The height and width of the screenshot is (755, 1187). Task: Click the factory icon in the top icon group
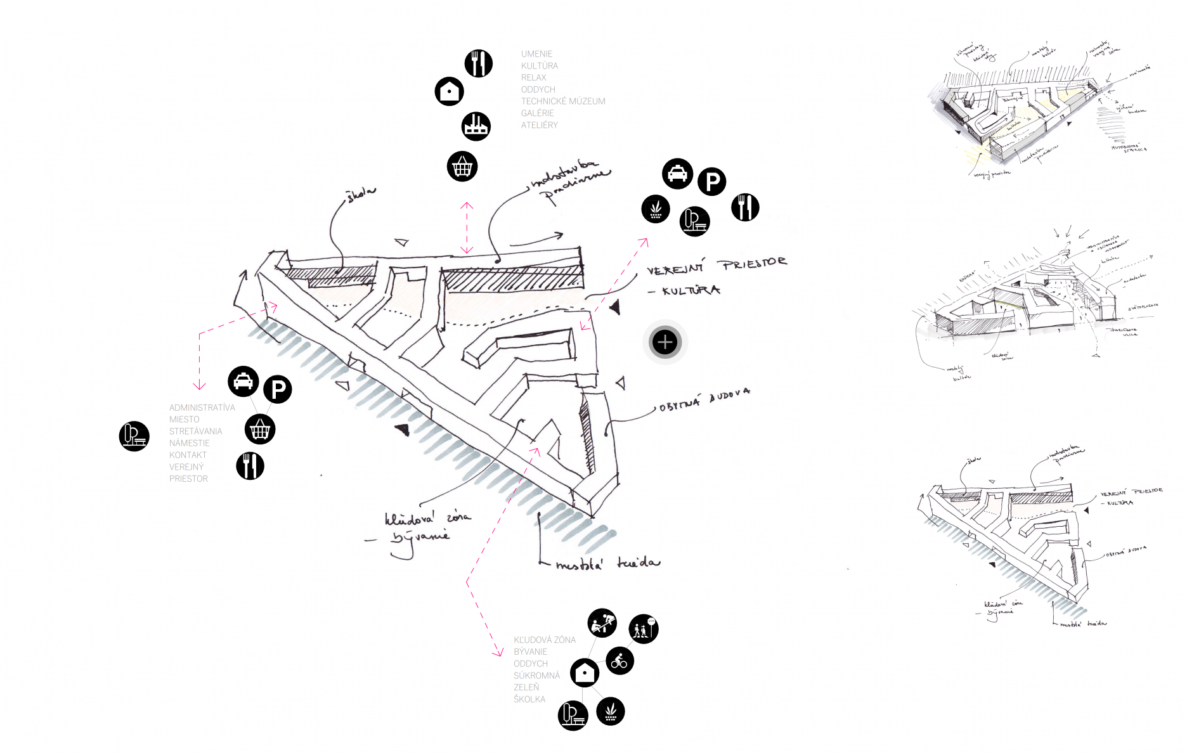[476, 126]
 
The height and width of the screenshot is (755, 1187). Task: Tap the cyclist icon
[619, 661]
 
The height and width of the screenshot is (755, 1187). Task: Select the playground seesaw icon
[602, 623]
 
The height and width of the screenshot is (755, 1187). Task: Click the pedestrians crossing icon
[644, 629]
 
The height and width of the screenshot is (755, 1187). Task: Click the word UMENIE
[536, 54]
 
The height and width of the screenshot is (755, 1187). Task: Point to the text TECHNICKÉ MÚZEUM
[563, 101]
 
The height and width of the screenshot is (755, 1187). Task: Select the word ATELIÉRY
[540, 125]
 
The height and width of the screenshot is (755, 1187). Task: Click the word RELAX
[533, 77]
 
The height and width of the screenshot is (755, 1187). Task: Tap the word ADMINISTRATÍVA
[202, 408]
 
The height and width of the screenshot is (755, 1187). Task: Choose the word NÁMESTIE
[189, 443]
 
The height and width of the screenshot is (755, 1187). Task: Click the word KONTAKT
[188, 455]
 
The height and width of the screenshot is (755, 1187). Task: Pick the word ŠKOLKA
[529, 699]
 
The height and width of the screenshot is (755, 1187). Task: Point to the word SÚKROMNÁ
[536, 676]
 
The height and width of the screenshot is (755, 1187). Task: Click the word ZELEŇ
[526, 687]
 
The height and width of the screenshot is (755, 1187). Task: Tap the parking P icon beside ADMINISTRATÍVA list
[278, 389]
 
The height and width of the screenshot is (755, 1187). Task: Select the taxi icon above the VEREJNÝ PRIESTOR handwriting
[677, 174]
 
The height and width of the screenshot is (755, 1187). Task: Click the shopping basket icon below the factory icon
[462, 167]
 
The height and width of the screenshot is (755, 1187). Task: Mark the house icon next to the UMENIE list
[449, 91]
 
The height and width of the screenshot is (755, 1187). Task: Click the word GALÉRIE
[537, 113]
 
